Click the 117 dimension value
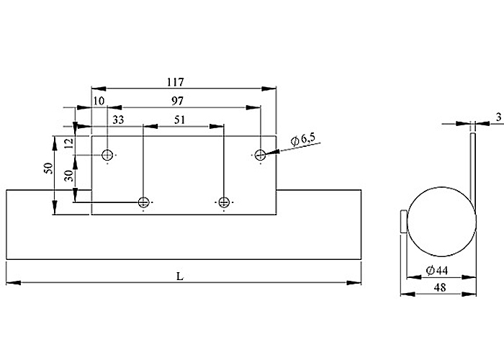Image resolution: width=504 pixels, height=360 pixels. [176, 82]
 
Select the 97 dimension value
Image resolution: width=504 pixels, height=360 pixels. [177, 102]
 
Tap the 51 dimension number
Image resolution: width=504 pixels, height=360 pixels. [180, 120]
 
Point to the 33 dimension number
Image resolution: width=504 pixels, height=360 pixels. [118, 120]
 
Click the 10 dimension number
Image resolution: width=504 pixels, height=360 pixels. [99, 101]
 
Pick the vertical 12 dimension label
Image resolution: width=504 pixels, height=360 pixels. [69, 143]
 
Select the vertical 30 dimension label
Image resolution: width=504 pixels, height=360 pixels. [69, 176]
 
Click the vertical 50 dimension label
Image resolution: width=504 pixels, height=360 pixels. [48, 168]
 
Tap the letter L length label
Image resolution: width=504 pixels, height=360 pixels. [180, 276]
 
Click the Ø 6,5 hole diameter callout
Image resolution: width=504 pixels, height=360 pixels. [303, 140]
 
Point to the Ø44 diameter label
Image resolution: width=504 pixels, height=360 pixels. [437, 271]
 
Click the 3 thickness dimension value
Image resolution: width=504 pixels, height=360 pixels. [498, 117]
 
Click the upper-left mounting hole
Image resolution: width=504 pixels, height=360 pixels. [107, 156]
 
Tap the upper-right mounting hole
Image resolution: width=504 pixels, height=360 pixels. [260, 156]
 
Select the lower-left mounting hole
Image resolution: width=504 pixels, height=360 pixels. [143, 202]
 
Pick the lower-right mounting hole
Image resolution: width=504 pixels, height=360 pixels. [223, 202]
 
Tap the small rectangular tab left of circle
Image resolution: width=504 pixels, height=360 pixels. [404, 222]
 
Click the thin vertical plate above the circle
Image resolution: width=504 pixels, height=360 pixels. [473, 164]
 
